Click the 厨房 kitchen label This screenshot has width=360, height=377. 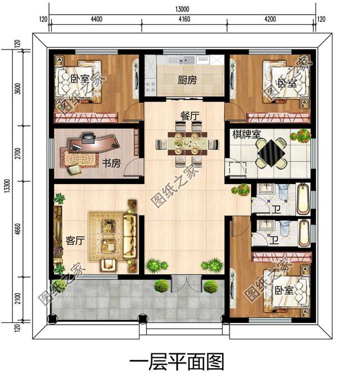point(187,80)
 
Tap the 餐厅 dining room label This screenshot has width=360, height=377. point(190,116)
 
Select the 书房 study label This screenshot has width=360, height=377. point(111,163)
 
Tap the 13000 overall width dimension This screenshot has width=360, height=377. point(182,8)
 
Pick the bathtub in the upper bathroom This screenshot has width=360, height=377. point(303,198)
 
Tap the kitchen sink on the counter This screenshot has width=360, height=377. point(186,60)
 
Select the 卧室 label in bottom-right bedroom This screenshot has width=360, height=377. point(284,290)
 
